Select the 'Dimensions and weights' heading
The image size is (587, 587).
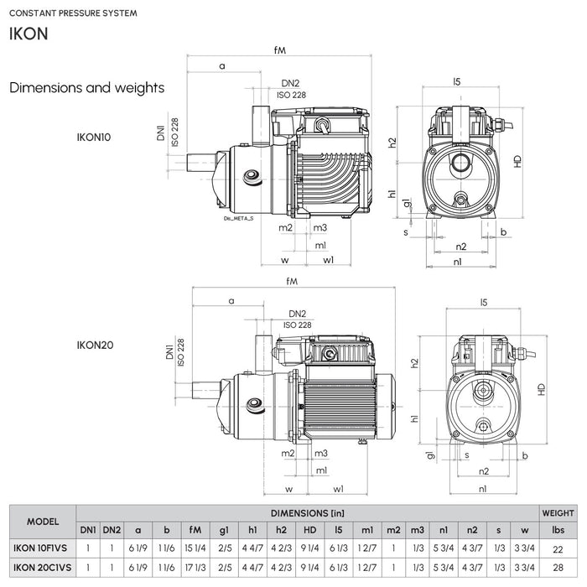pos(86,87)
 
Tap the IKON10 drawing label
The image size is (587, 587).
pos(93,137)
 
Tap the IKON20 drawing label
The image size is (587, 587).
pos(95,345)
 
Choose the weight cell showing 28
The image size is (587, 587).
pos(558,568)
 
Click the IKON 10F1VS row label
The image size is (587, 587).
pos(42,548)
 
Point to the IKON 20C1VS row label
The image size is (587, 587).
pos(42,568)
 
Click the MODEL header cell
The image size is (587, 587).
pos(42,521)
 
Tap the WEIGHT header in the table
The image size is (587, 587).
pos(558,512)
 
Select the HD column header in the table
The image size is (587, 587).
pos(310,529)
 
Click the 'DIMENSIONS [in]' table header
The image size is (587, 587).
pos(307,512)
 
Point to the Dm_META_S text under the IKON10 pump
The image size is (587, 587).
pos(239,217)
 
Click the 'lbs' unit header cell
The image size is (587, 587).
pos(558,529)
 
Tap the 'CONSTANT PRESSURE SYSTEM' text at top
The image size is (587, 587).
pos(73,13)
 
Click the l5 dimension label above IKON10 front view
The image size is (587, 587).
pos(457,81)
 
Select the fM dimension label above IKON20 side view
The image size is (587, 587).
pos(292,281)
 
